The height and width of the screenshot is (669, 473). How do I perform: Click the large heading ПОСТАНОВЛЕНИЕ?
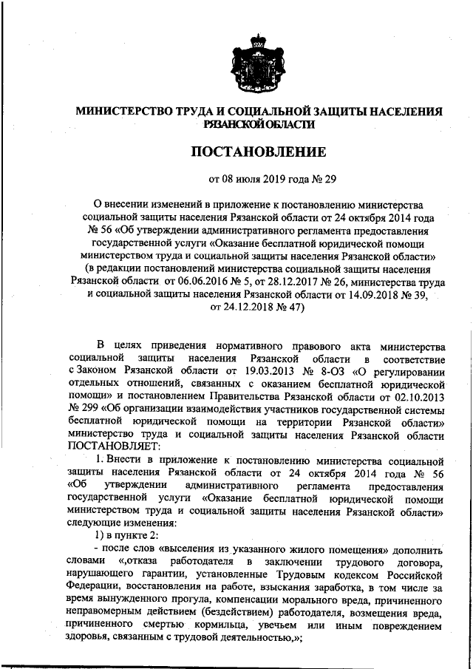pyautogui.click(x=259, y=153)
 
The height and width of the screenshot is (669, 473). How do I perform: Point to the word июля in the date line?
pyautogui.click(x=248, y=178)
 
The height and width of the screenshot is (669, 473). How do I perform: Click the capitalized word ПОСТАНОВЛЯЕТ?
pyautogui.click(x=111, y=450)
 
